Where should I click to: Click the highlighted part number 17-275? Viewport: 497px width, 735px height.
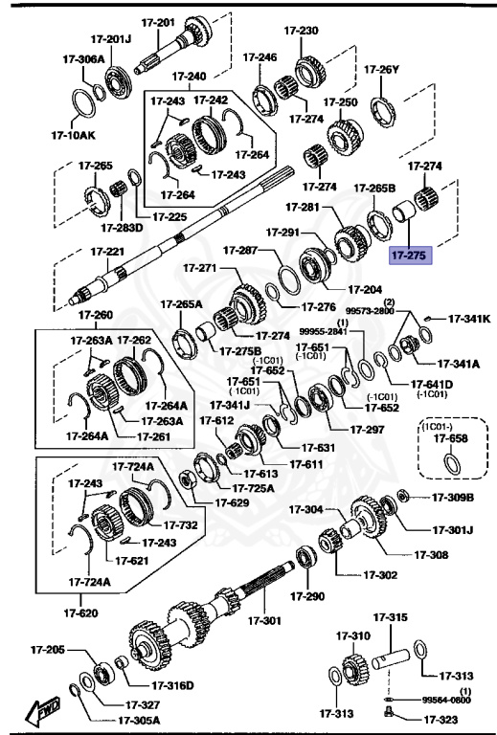point(410,256)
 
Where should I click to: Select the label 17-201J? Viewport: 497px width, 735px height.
point(111,39)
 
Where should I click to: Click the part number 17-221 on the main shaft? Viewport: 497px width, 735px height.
point(108,252)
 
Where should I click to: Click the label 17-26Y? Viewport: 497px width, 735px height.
point(381,69)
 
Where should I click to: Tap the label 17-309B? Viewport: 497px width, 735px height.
point(452,497)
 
